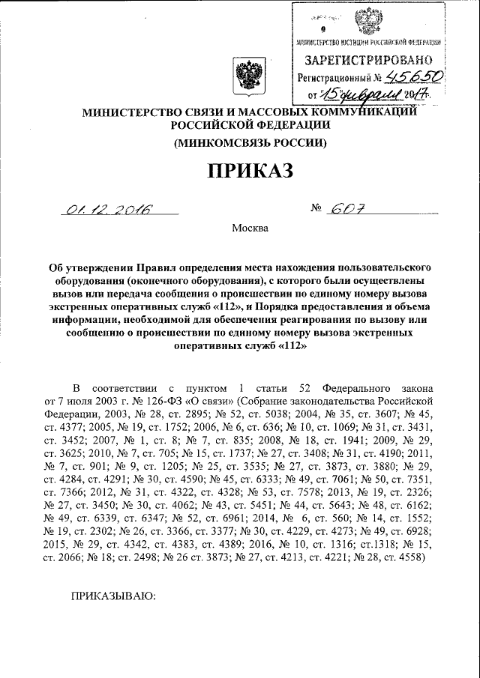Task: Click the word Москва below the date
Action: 250,228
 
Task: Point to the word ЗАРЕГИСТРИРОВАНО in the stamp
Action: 367,58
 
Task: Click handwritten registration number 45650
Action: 415,76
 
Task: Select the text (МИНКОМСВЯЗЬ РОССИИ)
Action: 250,142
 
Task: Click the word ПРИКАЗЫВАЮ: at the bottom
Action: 112,595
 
